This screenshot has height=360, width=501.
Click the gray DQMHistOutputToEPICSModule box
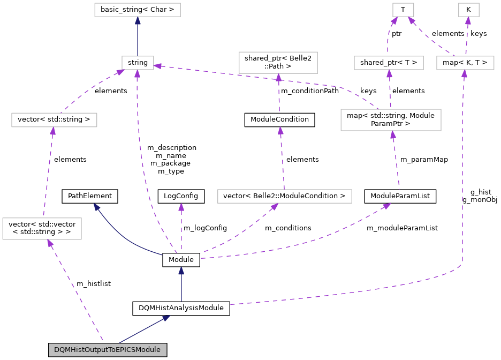click(x=108, y=350)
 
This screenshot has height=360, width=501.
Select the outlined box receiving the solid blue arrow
click(x=138, y=10)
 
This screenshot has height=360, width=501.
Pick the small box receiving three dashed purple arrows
click(x=138, y=63)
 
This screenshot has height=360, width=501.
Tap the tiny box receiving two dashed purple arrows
click(x=403, y=10)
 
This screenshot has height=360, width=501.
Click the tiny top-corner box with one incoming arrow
click(x=468, y=10)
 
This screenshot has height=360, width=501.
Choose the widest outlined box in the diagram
click(x=284, y=196)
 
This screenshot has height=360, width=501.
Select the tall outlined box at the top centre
click(x=278, y=62)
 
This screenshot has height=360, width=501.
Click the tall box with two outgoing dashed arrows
click(x=391, y=119)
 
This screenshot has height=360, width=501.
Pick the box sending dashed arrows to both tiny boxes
click(x=465, y=63)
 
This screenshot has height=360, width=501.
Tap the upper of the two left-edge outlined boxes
click(x=54, y=120)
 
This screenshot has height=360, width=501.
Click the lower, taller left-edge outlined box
click(x=42, y=229)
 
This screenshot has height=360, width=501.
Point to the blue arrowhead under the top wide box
click(x=138, y=21)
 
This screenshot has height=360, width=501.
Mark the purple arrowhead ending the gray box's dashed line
click(x=49, y=244)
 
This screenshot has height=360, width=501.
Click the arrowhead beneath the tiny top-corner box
click(x=468, y=21)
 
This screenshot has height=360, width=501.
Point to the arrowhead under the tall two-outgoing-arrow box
click(x=393, y=135)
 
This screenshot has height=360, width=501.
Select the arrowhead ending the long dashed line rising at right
click(x=464, y=74)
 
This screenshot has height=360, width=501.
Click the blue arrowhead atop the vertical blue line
click(x=181, y=271)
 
